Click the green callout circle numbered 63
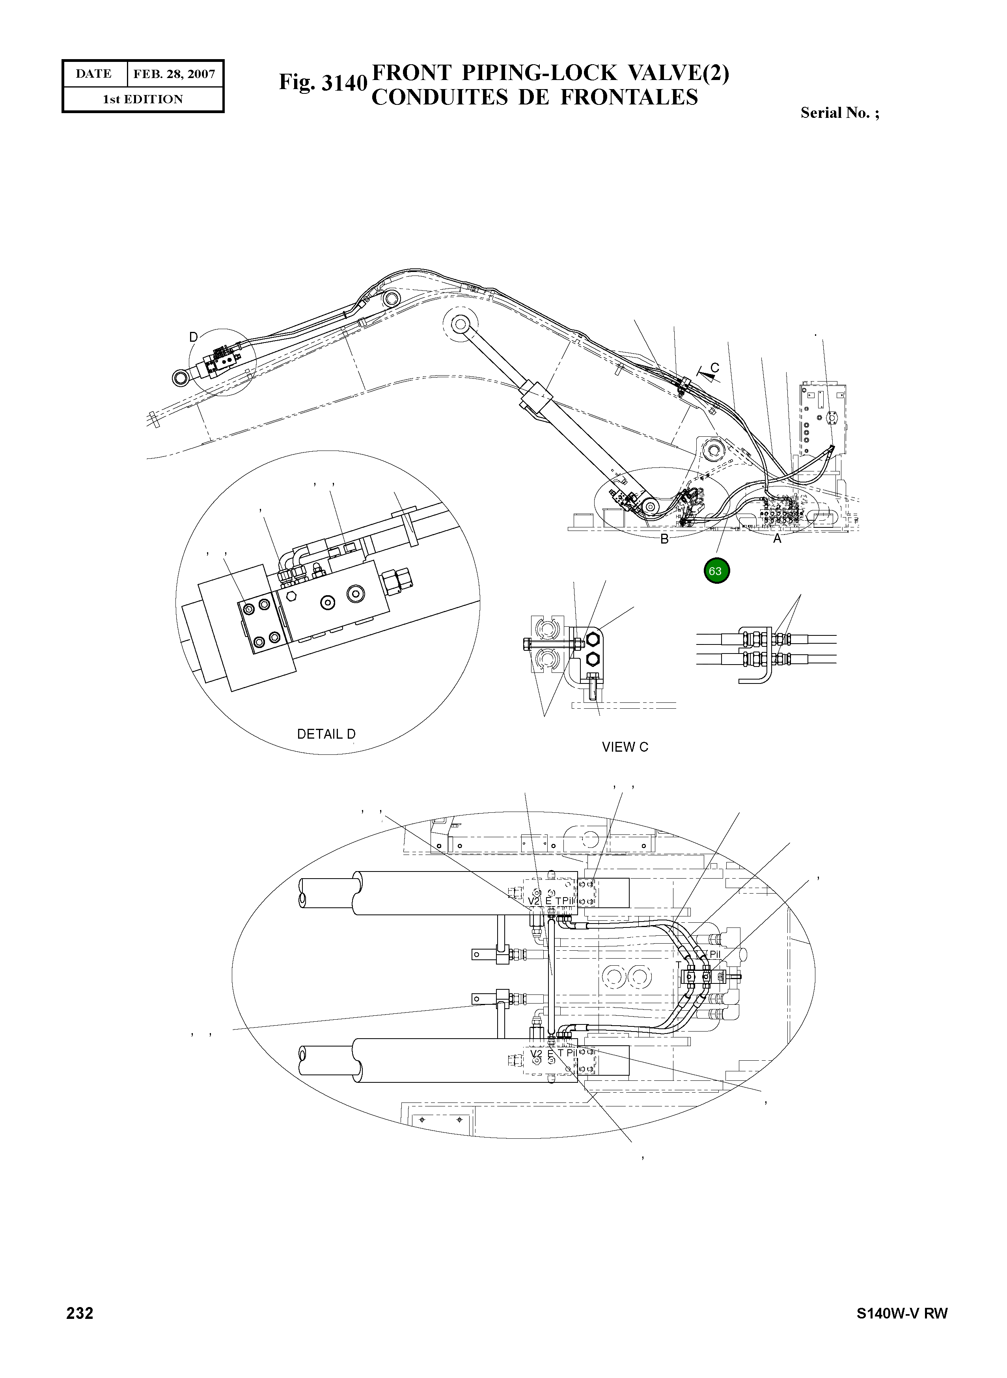tap(716, 571)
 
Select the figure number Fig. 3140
tap(323, 82)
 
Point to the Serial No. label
tap(839, 113)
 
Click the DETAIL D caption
tap(326, 734)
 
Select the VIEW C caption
tap(625, 747)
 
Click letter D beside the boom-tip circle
tap(193, 337)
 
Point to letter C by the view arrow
tap(715, 367)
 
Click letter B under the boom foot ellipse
tap(664, 539)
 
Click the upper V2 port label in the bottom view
tap(534, 901)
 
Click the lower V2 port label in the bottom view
tap(536, 1053)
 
